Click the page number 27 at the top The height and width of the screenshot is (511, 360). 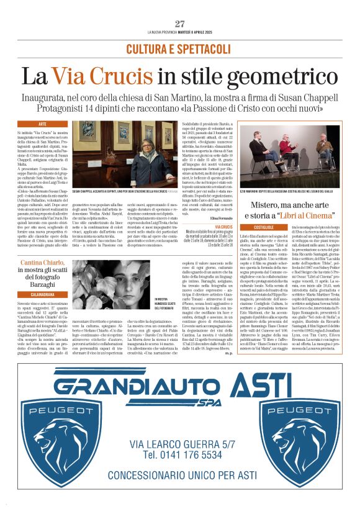tap(180, 24)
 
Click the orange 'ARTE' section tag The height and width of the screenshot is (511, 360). tap(42, 124)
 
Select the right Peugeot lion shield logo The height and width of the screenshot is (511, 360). tap(304, 430)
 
